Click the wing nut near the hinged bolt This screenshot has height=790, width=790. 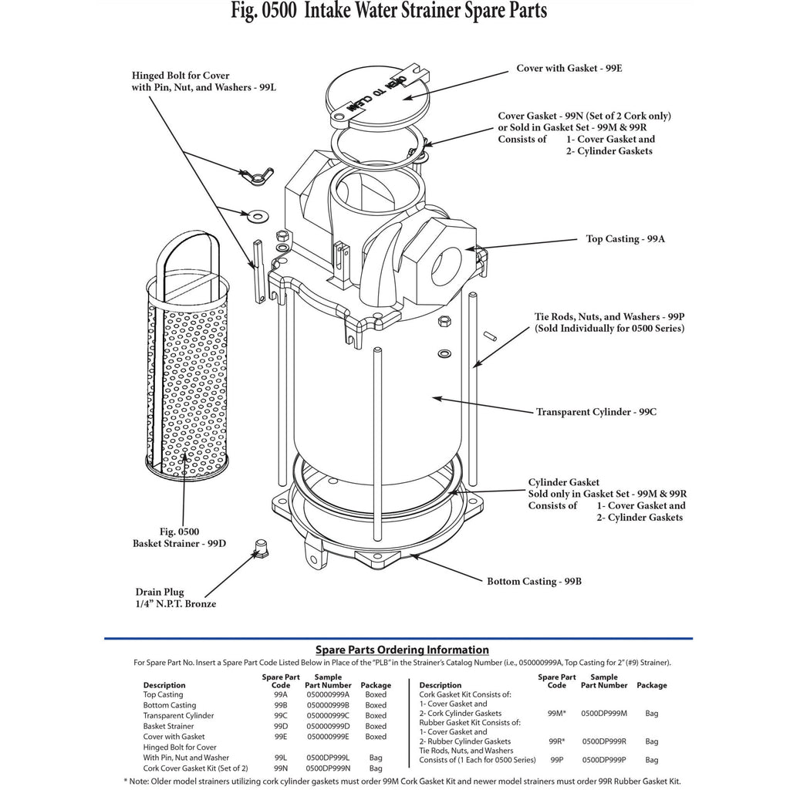[257, 176]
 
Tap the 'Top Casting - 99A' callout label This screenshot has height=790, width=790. [625, 239]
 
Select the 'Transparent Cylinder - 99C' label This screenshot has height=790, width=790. [596, 412]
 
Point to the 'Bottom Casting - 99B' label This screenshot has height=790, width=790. [534, 582]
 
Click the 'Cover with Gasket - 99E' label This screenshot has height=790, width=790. [569, 69]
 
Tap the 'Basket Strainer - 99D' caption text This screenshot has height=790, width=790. [179, 544]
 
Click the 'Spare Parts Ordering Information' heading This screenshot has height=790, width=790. [402, 650]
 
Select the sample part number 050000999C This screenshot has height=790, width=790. [328, 716]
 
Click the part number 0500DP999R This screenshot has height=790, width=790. [604, 741]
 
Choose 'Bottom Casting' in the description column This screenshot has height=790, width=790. [170, 705]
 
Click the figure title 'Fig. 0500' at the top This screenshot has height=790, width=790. [264, 11]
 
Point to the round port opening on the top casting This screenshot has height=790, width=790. [447, 267]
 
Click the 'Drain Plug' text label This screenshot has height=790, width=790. [160, 592]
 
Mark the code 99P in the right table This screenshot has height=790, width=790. [557, 760]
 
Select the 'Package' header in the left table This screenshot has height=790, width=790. [376, 685]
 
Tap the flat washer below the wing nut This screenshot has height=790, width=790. [258, 217]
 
